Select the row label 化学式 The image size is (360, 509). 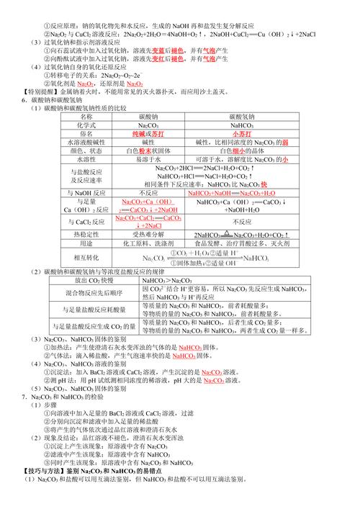87,125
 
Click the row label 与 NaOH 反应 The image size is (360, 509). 87,194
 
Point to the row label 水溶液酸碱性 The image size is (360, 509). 87,143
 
